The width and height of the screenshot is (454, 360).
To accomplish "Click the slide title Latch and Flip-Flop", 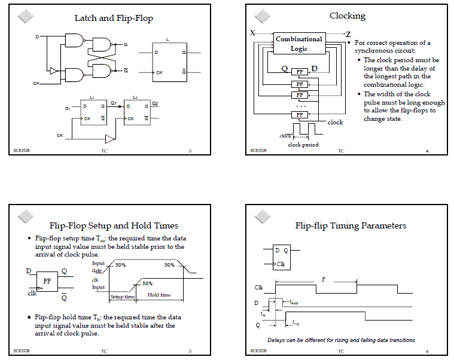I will [114, 18].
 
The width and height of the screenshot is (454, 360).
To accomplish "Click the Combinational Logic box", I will [299, 44].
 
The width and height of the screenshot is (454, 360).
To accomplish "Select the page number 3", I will [190, 151].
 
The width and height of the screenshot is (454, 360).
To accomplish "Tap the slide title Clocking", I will [348, 16].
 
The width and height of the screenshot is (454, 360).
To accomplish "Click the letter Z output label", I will [348, 34].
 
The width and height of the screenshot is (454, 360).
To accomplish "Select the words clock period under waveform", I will [303, 145].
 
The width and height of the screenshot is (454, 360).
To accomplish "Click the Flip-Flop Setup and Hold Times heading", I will [114, 225].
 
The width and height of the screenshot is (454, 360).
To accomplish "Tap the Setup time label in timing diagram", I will [122, 295].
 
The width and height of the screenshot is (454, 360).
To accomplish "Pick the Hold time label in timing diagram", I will [159, 295].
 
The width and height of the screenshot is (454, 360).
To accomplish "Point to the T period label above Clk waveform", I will [324, 280].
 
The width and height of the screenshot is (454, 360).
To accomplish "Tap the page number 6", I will [427, 351].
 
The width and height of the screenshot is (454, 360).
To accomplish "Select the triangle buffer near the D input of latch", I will [53, 71].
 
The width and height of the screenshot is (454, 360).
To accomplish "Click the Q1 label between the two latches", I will [114, 103].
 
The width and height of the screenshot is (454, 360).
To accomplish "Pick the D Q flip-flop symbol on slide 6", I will [281, 256].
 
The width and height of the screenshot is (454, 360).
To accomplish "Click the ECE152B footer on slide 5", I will [22, 351].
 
